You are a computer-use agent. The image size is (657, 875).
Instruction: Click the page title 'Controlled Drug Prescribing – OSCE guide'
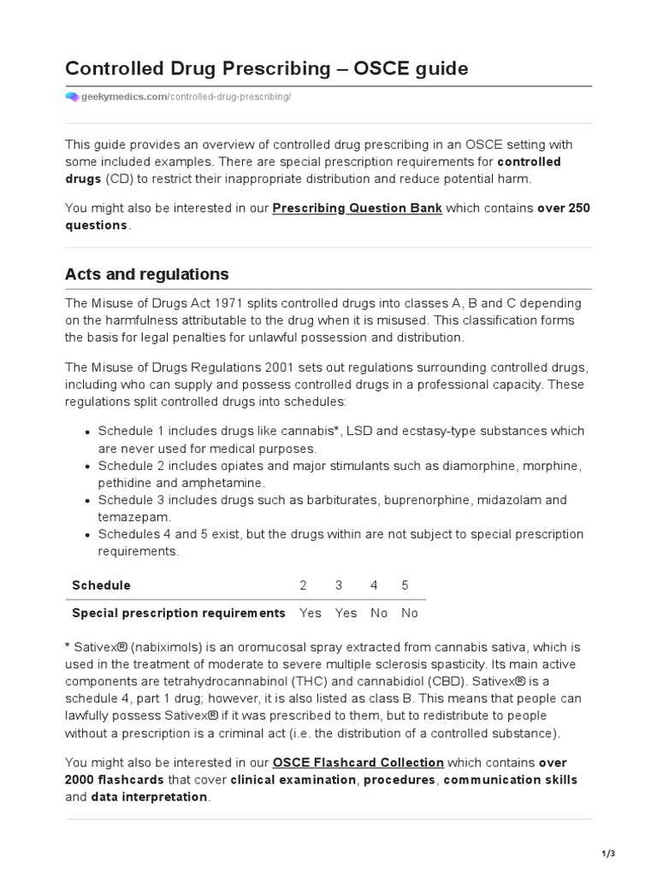[x=267, y=68]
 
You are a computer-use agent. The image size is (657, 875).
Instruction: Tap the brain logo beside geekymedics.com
[x=72, y=97]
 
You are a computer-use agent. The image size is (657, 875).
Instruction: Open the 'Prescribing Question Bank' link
[x=357, y=208]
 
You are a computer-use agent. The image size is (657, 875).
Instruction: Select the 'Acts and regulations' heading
[x=146, y=274]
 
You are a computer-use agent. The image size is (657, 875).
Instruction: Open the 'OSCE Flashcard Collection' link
[x=358, y=762]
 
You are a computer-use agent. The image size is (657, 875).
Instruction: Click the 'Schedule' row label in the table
[x=101, y=585]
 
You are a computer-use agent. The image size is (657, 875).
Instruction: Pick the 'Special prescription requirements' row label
[x=179, y=613]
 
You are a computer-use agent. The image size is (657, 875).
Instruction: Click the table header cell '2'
[x=303, y=585]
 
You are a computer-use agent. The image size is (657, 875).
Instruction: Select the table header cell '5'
[x=405, y=585]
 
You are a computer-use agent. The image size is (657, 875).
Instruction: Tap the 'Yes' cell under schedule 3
[x=346, y=613]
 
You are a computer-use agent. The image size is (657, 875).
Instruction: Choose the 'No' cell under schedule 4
[x=379, y=613]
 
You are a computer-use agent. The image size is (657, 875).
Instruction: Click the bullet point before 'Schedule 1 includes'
[x=88, y=432]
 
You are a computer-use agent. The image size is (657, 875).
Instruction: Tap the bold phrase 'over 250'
[x=564, y=208]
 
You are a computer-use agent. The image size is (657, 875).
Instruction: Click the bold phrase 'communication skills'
[x=511, y=779]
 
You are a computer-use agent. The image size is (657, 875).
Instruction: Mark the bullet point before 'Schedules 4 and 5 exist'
[x=88, y=535]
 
